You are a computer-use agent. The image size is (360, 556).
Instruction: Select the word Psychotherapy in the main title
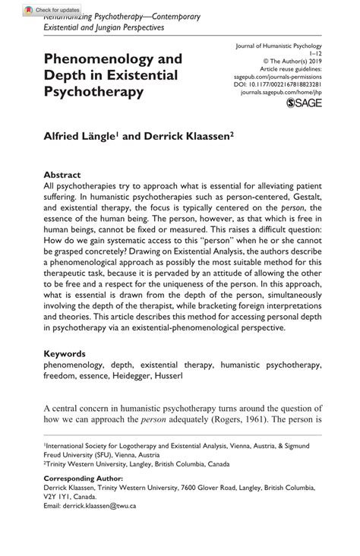pyautogui.click(x=94, y=93)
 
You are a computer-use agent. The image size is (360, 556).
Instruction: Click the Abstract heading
pyautogui.click(x=62, y=173)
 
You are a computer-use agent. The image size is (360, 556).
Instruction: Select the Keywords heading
pyautogui.click(x=65, y=353)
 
